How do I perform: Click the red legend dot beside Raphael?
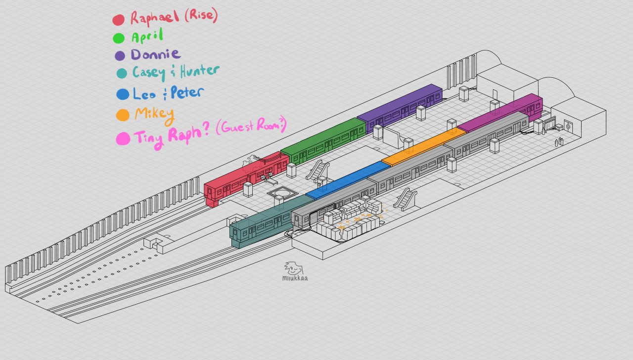(118, 20)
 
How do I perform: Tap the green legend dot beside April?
(119, 38)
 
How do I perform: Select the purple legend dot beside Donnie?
(120, 55)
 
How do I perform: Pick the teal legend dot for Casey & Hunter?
(122, 74)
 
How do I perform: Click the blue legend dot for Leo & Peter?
(123, 94)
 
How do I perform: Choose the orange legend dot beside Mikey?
(123, 115)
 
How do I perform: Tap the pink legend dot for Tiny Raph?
(123, 138)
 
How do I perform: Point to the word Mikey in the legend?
(154, 115)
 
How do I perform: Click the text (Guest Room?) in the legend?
(251, 127)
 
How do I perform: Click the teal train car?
(262, 225)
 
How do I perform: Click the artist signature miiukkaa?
(295, 278)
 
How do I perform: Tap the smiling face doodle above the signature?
(293, 269)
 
